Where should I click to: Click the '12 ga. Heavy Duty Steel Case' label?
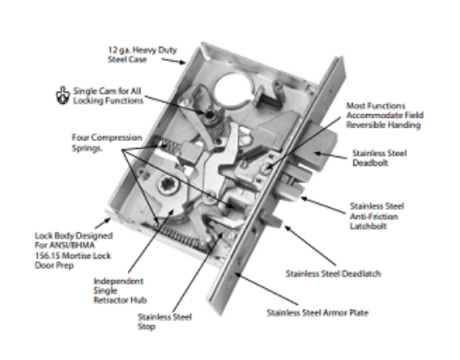[143, 54]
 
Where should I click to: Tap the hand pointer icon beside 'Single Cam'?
[63, 96]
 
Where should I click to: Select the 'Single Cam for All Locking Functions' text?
[108, 96]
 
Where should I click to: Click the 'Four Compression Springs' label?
[107, 143]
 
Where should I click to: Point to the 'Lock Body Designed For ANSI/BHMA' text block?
[74, 250]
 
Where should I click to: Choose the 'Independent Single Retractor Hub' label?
[120, 290]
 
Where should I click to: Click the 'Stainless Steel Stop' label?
[165, 321]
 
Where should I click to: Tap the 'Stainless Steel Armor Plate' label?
[317, 313]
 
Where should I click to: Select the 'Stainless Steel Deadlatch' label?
[333, 273]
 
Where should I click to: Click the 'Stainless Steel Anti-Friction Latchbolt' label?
[377, 215]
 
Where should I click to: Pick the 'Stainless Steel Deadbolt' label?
[380, 157]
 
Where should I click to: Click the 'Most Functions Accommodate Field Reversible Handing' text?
[385, 115]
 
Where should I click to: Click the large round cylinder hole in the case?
[234, 87]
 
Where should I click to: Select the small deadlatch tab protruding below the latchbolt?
[271, 219]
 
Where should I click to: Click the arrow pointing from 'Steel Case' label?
[174, 61]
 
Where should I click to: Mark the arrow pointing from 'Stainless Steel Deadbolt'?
[334, 156]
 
